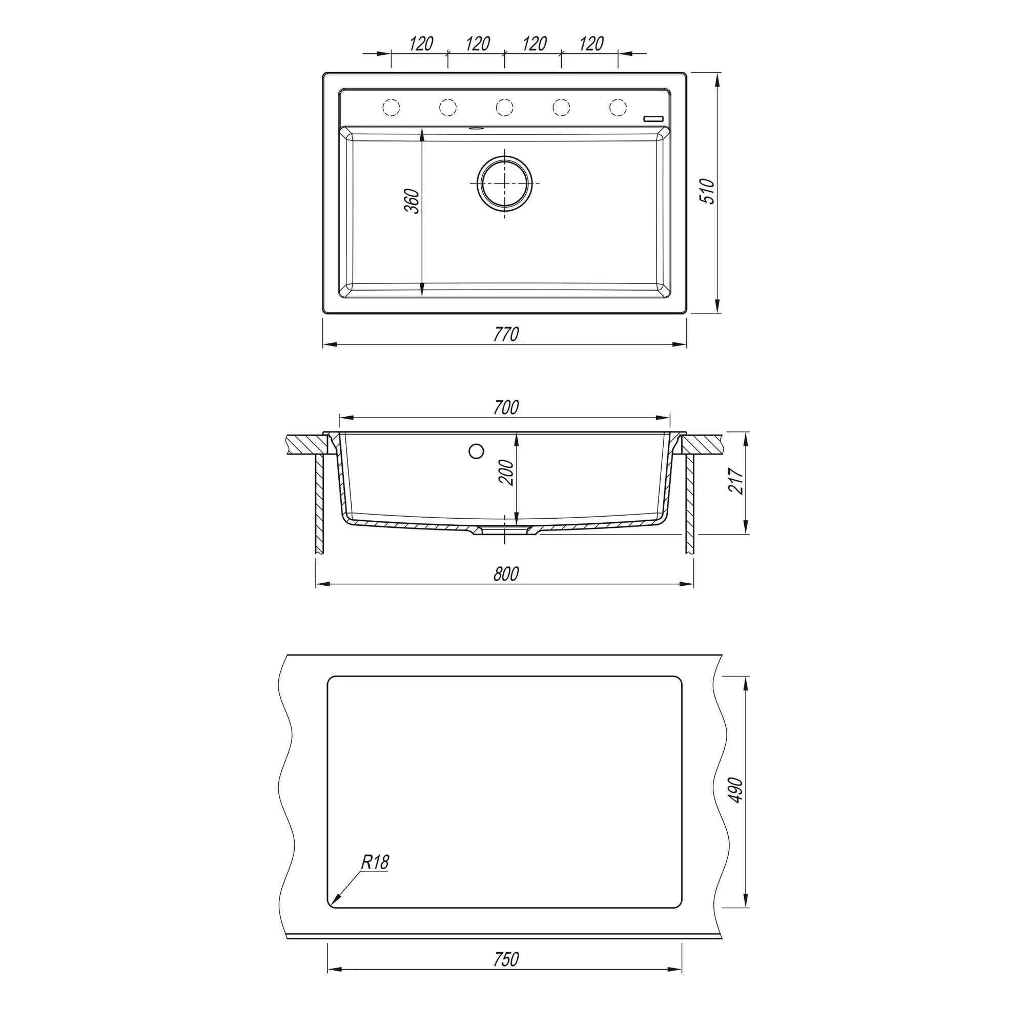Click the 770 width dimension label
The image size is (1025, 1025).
click(x=506, y=334)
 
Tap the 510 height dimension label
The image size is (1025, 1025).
click(x=708, y=192)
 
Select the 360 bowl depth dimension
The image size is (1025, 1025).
click(x=412, y=201)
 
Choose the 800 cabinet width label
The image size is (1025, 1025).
click(x=506, y=574)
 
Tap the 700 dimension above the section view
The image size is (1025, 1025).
click(x=506, y=407)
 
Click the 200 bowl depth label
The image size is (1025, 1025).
click(x=507, y=472)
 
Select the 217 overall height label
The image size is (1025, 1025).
click(x=736, y=481)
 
